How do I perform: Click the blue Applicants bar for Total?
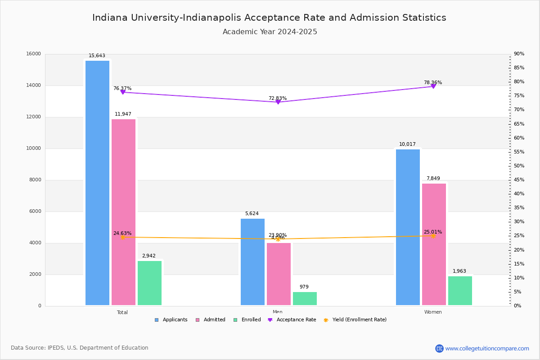(97, 183)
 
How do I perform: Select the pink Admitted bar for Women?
(434, 244)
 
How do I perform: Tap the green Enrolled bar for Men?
(305, 298)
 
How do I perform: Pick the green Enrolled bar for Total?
(149, 283)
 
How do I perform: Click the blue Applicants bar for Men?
(252, 262)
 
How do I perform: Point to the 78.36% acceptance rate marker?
(433, 86)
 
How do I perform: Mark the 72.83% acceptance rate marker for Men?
(278, 102)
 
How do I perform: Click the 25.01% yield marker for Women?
(433, 236)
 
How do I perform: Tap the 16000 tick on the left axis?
(34, 54)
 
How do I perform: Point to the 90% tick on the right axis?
(519, 54)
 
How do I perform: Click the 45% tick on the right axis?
(519, 180)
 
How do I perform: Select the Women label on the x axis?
(433, 312)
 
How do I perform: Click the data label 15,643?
(97, 56)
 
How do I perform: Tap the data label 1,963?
(459, 271)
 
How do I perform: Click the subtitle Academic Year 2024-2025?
(270, 32)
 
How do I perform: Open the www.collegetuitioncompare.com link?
(487, 348)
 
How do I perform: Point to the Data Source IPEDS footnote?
(80, 348)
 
